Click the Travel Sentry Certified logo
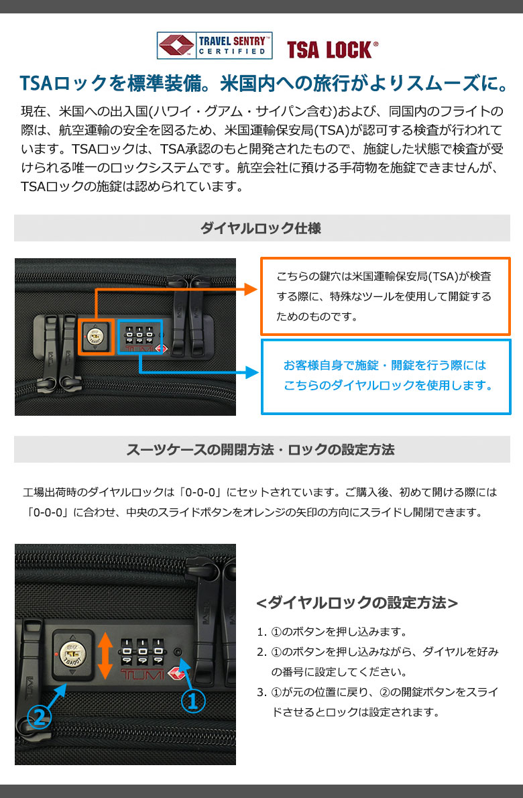[x=214, y=46]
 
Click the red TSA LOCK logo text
[x=332, y=50]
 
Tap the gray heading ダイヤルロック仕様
[x=261, y=228]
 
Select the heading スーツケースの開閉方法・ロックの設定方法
[x=260, y=449]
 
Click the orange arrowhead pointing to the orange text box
[x=251, y=289]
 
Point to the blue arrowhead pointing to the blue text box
[x=252, y=372]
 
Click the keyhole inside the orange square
[x=95, y=337]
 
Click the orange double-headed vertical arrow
[x=105, y=656]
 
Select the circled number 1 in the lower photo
[x=193, y=701]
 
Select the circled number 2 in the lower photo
[x=40, y=718]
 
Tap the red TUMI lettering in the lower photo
[x=142, y=675]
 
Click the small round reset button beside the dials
[x=178, y=652]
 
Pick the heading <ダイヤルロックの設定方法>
[x=357, y=603]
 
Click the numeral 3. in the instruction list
[x=261, y=692]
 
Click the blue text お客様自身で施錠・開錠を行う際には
[x=385, y=365]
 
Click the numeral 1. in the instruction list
[x=261, y=632]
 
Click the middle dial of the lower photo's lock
[x=143, y=652]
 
